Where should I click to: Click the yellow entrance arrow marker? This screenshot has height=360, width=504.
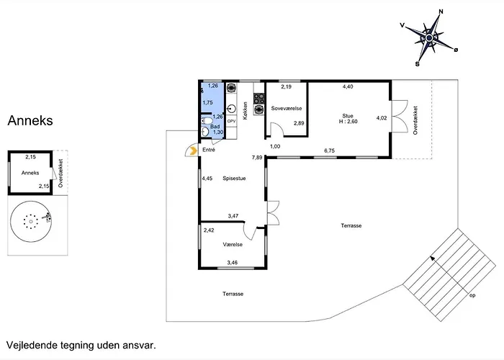194,150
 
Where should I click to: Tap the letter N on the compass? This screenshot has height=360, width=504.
441,12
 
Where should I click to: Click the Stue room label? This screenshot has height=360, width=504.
348,116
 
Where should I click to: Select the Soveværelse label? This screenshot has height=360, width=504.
287,108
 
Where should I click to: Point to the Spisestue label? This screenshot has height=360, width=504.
234,179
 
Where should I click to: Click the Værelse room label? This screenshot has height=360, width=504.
233,245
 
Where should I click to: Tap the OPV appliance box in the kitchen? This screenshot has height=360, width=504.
231,121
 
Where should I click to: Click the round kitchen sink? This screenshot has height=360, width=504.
231,109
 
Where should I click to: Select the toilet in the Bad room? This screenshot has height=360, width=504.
207,121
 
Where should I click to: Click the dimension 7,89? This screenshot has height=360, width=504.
257,158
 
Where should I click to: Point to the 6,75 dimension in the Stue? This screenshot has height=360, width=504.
330,150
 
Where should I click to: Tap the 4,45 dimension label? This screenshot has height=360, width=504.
207,179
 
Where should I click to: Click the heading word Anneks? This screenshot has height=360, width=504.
30,120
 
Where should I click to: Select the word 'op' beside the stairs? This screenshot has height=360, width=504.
472,295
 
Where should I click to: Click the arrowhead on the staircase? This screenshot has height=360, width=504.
433,258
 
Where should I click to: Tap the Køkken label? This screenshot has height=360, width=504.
246,111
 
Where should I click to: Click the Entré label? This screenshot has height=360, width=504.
209,150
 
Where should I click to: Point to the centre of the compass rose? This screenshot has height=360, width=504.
429,38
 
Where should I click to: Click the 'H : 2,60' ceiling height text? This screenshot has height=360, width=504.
348,122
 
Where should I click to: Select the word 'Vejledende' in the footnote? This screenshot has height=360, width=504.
32,346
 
